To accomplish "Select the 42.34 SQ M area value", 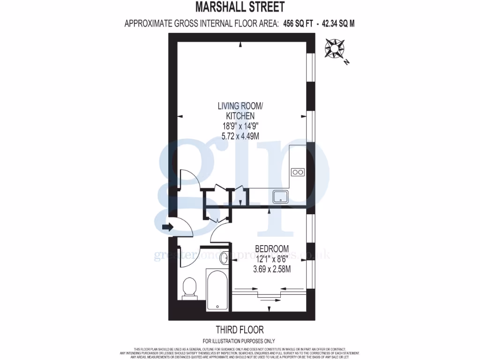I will point(338,23).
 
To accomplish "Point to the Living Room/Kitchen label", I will point(240,111).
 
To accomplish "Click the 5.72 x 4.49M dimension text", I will point(240,136).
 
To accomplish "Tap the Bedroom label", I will point(272,248).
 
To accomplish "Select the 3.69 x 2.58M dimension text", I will point(272,269).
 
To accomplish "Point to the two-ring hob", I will point(298,172).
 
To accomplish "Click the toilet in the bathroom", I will point(189,286).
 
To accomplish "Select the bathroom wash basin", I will point(224,257).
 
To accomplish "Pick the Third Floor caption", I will point(240,330).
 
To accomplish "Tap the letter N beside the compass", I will point(346,61).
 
